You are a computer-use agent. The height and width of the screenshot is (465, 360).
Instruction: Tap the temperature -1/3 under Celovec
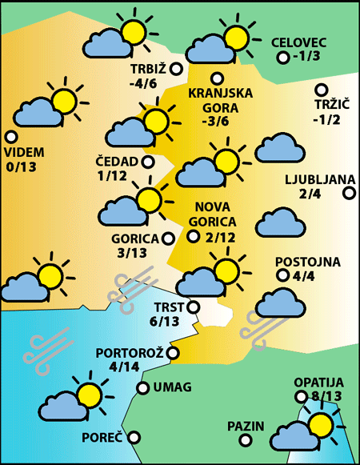click(306, 57)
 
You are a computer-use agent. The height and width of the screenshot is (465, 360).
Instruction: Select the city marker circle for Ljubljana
click(349, 193)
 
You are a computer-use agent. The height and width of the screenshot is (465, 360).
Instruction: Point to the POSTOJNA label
click(308, 262)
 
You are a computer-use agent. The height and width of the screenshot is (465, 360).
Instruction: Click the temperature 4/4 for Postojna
click(304, 278)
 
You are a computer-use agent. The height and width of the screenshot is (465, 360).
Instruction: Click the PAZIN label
click(245, 426)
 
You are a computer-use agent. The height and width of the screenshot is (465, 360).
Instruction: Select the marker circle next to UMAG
click(142, 388)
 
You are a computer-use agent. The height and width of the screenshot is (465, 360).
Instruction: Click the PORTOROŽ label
click(130, 353)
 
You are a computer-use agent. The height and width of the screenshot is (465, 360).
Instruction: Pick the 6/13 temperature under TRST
click(165, 322)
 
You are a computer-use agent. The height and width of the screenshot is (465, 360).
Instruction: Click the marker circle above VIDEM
click(10, 137)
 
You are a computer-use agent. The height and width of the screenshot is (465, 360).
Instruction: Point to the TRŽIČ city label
click(327, 106)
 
